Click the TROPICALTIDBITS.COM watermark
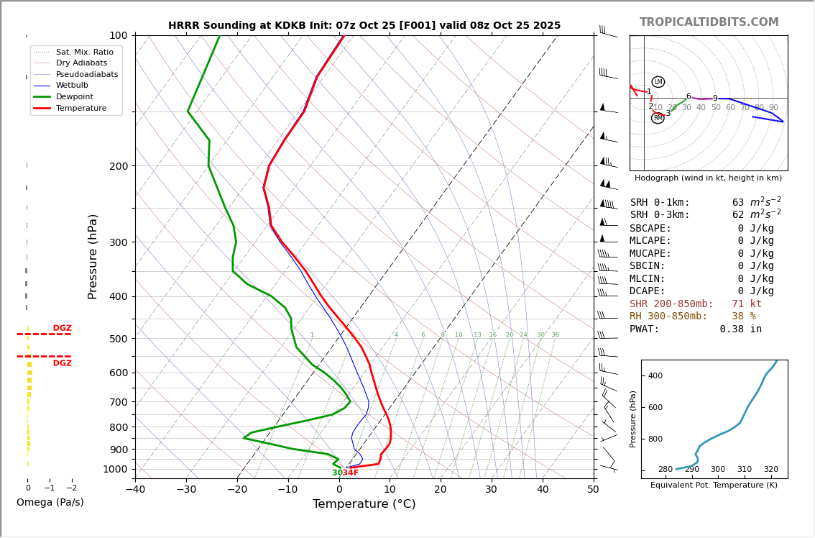pos(709,22)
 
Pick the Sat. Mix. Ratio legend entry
pos(84,52)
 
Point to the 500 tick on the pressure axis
pos(119,339)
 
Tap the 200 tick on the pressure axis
pos(119,166)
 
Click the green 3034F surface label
pos(345,473)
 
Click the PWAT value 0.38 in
pos(740,329)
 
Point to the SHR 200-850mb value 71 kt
pos(747,304)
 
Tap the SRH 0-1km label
pos(659,203)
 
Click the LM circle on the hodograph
pos(658,82)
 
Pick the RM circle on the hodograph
pos(658,118)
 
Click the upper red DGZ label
pos(62,328)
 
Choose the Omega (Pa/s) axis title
pos(50,503)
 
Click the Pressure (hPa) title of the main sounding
pos(93,256)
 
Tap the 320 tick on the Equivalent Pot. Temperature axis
pos(770,470)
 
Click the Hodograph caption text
pos(708,178)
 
